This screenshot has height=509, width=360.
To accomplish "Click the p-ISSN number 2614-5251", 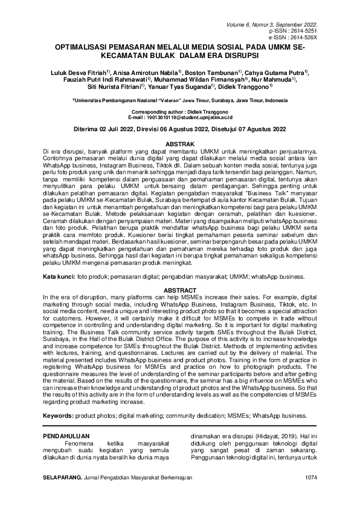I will click(x=306, y=30).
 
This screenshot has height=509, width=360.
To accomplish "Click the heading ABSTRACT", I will click(x=180, y=290).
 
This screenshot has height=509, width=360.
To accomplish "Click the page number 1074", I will click(x=310, y=478).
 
